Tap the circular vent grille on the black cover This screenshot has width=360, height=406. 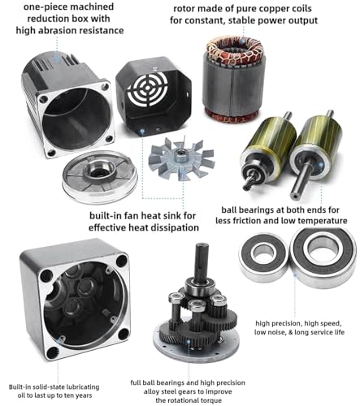coord(148,89)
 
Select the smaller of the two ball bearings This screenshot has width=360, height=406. coord(262,254)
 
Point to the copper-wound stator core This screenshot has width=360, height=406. coord(234,79)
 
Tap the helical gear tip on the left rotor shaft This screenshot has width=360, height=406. coord(249,184)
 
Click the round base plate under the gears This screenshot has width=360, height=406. coord(197,343)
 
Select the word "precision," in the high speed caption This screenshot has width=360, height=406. coord(287,323)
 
